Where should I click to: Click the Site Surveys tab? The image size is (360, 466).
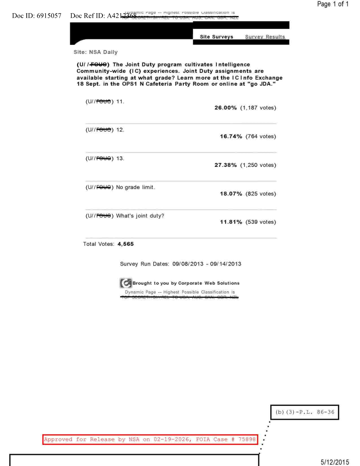tap(216, 37)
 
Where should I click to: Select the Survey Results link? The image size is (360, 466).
tap(265, 37)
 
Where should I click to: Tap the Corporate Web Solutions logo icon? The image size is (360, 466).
tap(126, 283)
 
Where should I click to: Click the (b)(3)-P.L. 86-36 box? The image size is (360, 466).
tap(305, 412)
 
